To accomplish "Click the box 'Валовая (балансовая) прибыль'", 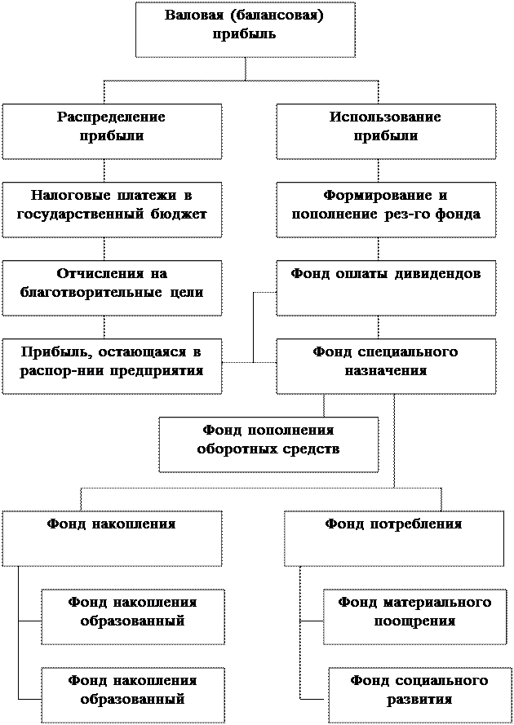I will click(x=245, y=29).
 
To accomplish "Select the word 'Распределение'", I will click(x=111, y=117).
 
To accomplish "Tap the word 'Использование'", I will click(x=385, y=117).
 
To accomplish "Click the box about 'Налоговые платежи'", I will click(x=112, y=210).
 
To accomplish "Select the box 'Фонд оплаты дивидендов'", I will click(x=385, y=287).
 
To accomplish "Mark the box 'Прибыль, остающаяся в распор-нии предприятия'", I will click(x=112, y=366).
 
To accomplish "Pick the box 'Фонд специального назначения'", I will click(x=385, y=366).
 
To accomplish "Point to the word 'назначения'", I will click(x=385, y=370).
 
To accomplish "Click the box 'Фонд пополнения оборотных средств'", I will click(x=268, y=444).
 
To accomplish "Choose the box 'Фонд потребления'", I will click(x=393, y=538).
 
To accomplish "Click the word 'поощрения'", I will click(x=414, y=621).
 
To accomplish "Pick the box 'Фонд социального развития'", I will click(x=419, y=695).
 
